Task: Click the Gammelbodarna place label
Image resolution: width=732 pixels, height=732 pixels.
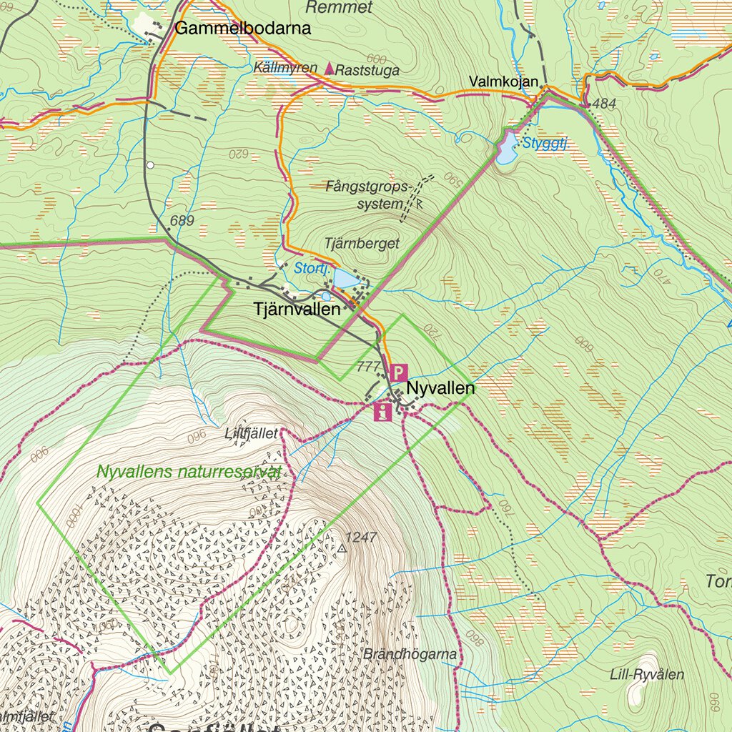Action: [x=243, y=29]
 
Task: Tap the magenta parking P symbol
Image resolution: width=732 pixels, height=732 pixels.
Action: [x=399, y=372]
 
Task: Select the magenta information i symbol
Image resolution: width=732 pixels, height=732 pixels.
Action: [x=383, y=411]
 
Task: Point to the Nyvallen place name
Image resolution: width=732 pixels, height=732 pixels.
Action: [x=440, y=389]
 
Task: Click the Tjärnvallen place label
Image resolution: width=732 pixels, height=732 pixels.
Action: [x=297, y=310]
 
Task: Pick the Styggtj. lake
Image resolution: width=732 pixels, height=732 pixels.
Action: [x=507, y=150]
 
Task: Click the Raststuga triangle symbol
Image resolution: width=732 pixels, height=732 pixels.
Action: [x=329, y=69]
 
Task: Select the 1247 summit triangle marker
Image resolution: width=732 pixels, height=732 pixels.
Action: [x=342, y=548]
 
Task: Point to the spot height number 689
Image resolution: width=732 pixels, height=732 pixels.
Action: [x=182, y=221]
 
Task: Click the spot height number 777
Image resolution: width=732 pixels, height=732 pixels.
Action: [x=367, y=367]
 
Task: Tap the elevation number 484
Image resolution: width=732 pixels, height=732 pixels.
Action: [x=604, y=104]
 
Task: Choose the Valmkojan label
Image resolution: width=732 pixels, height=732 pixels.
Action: [x=503, y=81]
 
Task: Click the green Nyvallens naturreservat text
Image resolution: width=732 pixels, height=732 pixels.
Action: [x=189, y=472]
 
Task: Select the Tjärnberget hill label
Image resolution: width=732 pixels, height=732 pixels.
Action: [x=362, y=244]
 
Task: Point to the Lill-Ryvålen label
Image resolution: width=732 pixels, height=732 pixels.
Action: [x=647, y=674]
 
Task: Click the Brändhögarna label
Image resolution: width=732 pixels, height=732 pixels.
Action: [x=410, y=653]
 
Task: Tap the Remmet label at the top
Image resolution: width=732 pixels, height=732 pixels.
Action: [x=339, y=8]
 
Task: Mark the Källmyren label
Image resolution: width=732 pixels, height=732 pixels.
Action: [x=285, y=68]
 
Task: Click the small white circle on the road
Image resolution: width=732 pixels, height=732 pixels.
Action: [x=150, y=165]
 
